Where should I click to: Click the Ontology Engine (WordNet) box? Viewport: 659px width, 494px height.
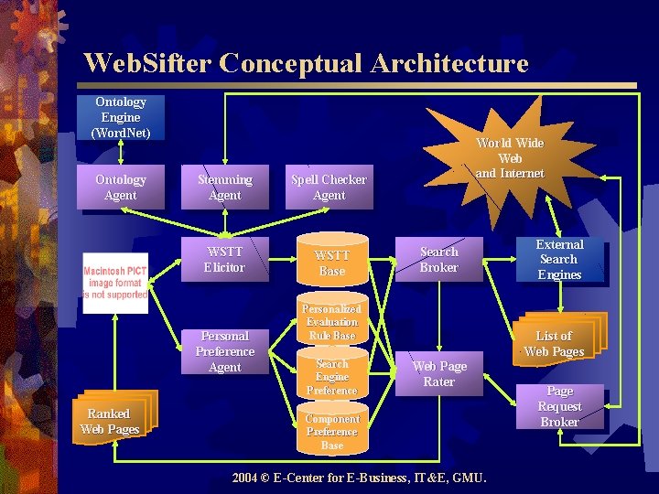(x=121, y=117)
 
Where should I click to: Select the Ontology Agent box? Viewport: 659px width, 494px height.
(x=121, y=188)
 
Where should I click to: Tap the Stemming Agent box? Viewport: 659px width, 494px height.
(x=225, y=188)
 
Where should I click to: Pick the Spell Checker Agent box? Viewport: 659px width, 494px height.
(x=329, y=188)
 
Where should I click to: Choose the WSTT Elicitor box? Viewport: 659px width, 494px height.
(x=225, y=259)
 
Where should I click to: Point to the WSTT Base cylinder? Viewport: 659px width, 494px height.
(x=331, y=263)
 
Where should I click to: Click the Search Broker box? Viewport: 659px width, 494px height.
(x=438, y=259)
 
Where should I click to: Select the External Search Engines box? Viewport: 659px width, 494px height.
(x=559, y=259)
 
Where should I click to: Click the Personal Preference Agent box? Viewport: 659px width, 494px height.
(x=225, y=351)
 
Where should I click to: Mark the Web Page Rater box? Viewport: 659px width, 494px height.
(x=438, y=374)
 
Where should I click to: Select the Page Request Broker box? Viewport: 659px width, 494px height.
(x=559, y=406)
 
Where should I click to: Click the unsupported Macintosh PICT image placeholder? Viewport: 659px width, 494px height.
(x=115, y=283)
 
